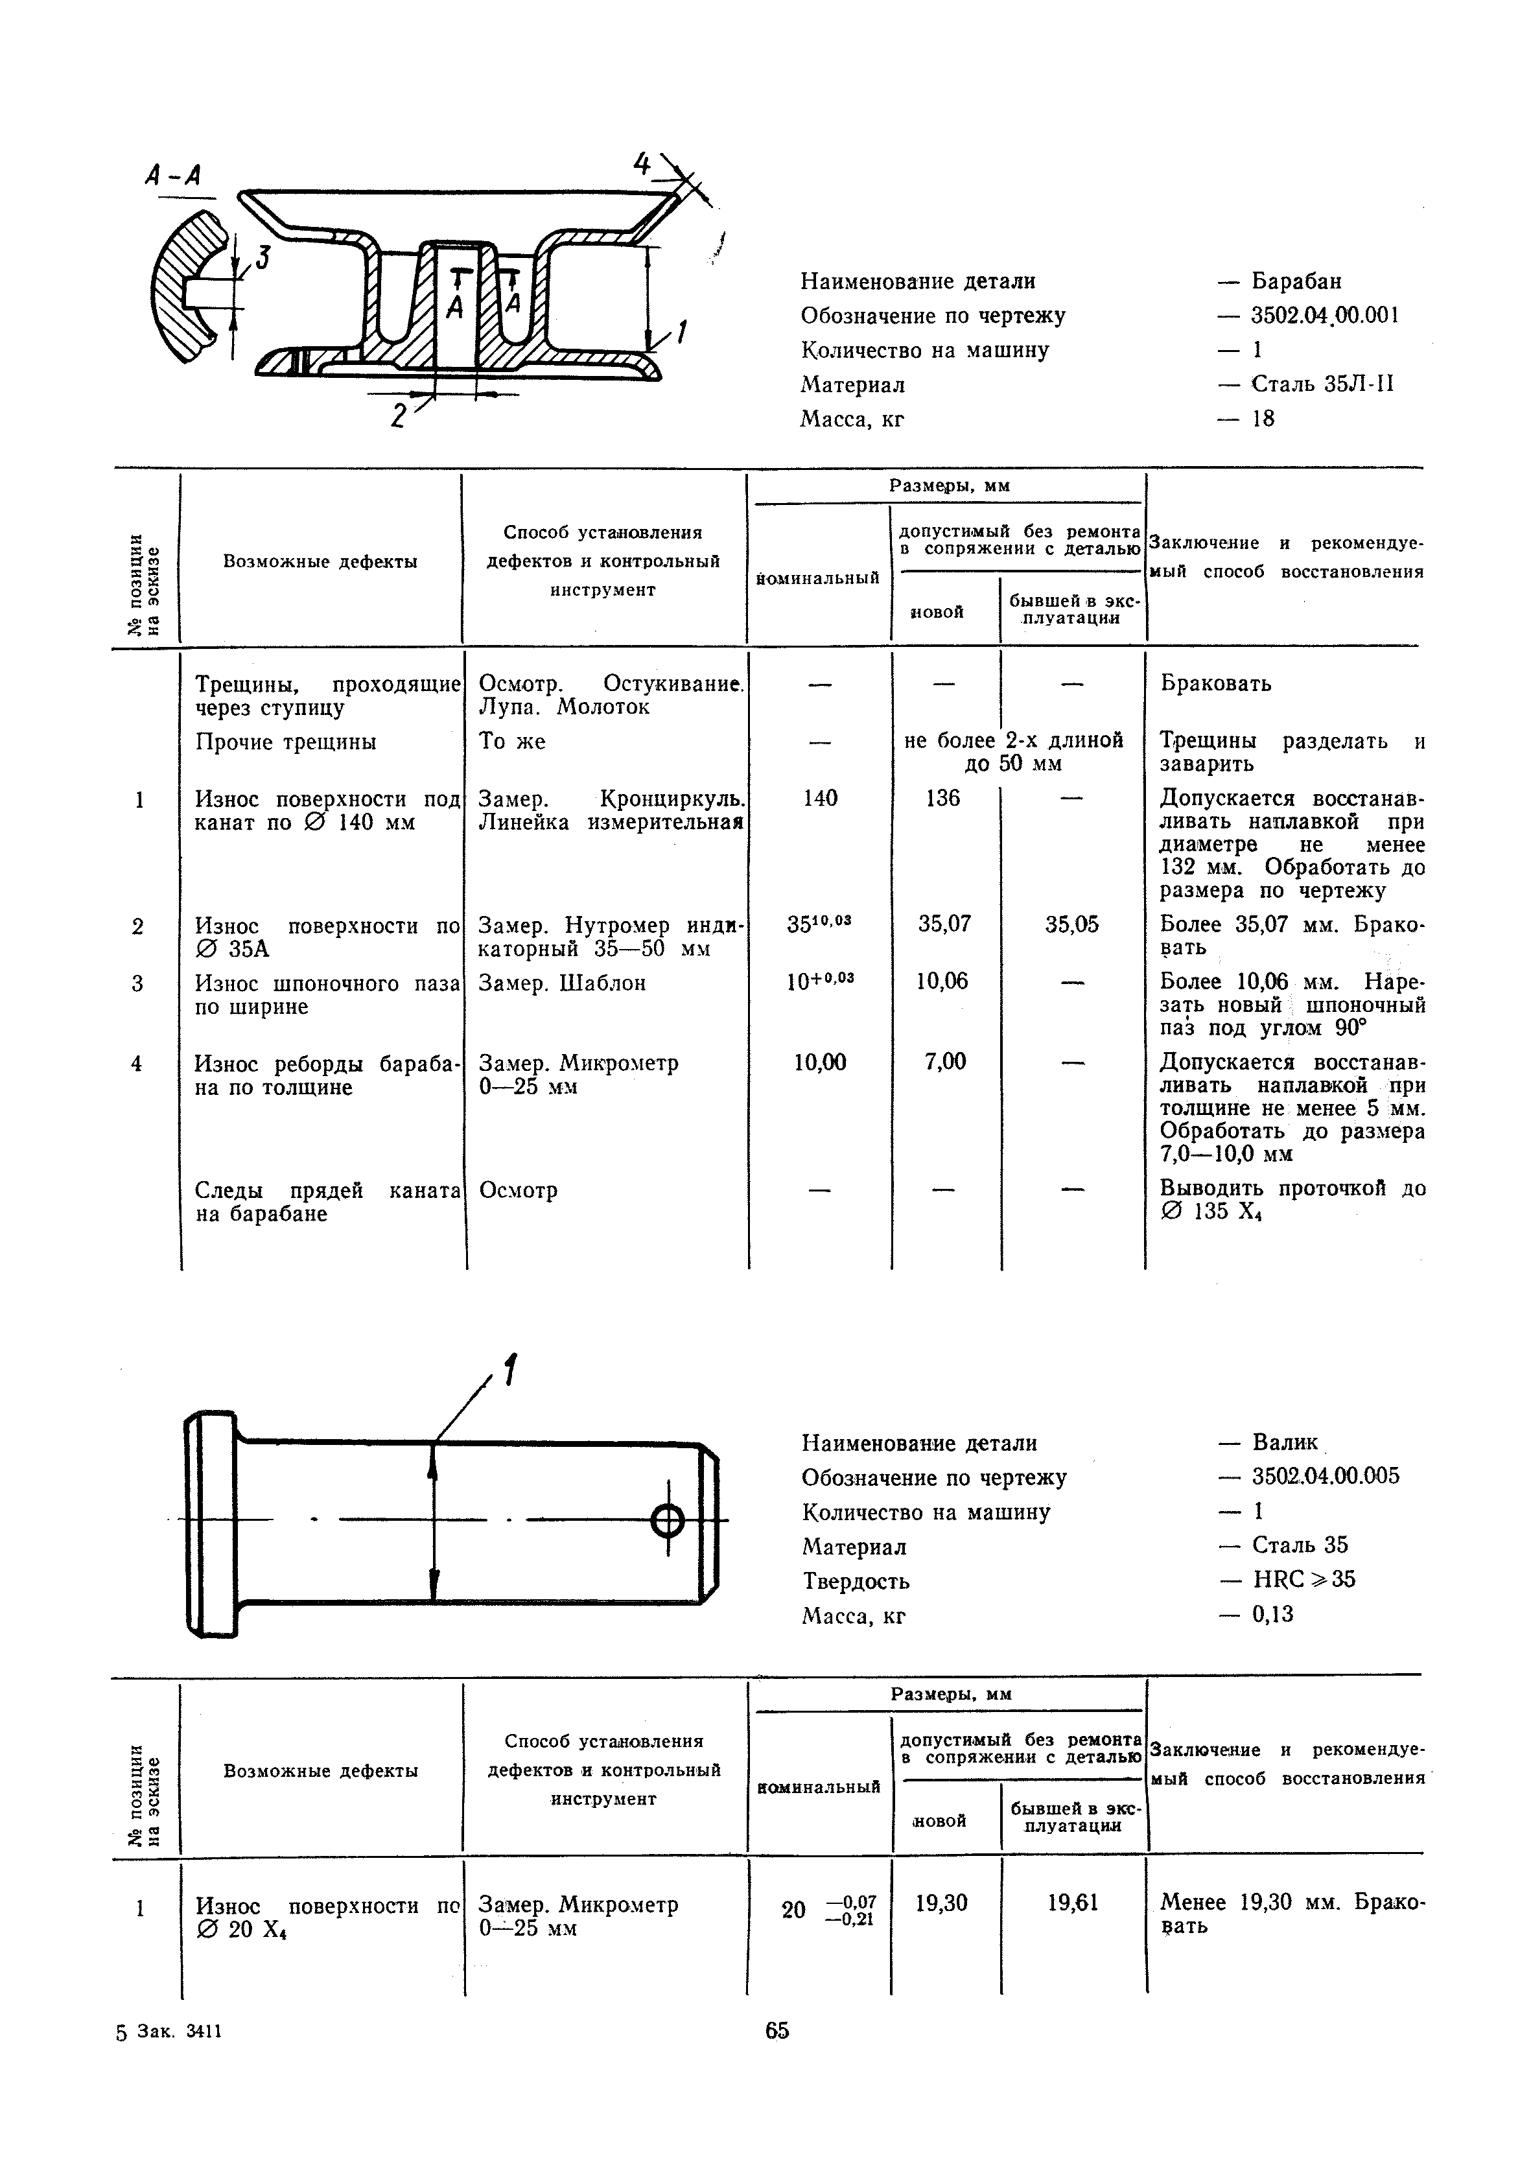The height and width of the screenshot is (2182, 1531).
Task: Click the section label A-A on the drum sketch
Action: (174, 175)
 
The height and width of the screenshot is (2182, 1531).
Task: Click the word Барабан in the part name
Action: (1296, 281)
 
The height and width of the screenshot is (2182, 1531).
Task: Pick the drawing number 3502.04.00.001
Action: (1325, 316)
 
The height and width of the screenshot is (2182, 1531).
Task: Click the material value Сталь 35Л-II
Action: (1323, 385)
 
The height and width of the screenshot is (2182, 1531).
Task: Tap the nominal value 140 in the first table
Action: (820, 798)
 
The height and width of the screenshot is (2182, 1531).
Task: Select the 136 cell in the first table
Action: (942, 798)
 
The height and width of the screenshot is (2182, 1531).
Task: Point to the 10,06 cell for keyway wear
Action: (942, 981)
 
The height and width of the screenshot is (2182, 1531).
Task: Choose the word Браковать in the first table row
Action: (1215, 685)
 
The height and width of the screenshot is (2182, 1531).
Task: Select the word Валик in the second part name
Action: (1285, 1442)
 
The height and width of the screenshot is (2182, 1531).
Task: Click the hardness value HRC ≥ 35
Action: (1304, 1580)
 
